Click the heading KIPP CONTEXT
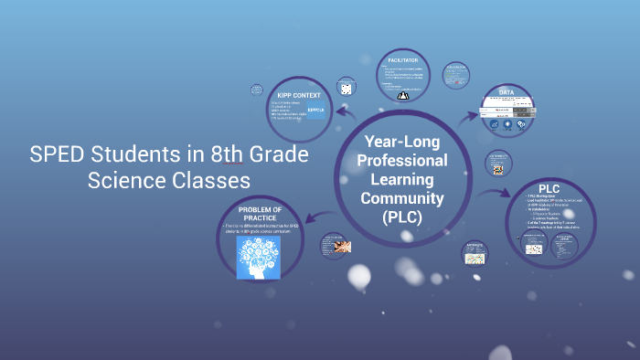[x=294, y=93]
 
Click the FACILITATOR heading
[x=402, y=60]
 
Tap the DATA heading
[x=507, y=92]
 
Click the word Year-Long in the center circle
[x=401, y=142]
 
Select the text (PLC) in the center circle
[x=401, y=217]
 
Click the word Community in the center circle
[x=401, y=198]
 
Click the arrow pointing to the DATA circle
[x=470, y=116]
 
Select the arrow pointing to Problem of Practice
[x=310, y=216]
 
